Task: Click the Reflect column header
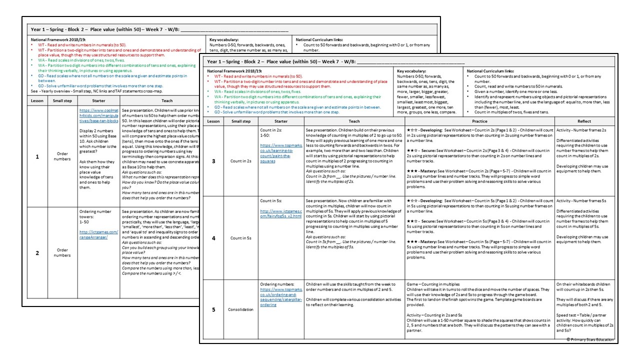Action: [583, 121]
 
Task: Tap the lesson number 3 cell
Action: [213, 161]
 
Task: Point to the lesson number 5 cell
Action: [213, 309]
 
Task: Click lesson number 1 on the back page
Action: [36, 156]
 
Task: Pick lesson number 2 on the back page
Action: [36, 253]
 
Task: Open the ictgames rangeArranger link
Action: [98, 234]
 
